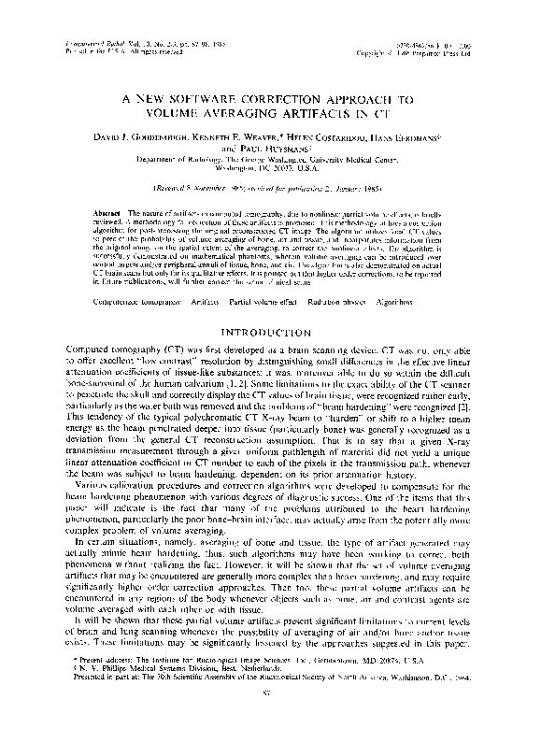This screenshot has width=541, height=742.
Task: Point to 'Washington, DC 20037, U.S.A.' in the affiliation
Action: pyautogui.click(x=270, y=173)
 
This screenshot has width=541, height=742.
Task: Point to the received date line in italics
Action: pyautogui.click(x=270, y=198)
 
